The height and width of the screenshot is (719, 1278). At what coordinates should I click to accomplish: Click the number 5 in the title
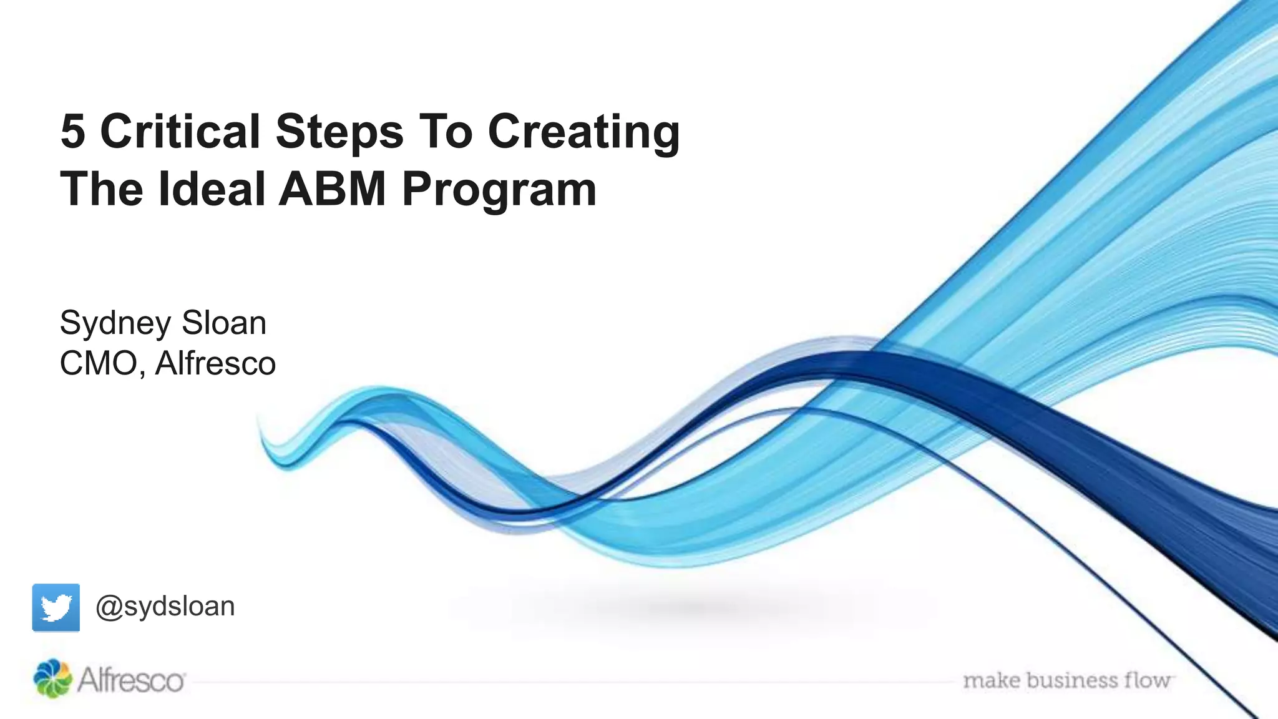(x=73, y=132)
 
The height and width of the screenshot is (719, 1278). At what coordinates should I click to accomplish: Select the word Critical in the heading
(x=180, y=132)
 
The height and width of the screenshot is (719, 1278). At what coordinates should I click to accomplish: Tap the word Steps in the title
(x=339, y=133)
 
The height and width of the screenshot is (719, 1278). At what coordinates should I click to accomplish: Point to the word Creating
(x=583, y=133)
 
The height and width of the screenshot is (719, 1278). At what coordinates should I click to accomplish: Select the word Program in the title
(x=499, y=190)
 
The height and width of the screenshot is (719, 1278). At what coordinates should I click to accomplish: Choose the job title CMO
(x=99, y=363)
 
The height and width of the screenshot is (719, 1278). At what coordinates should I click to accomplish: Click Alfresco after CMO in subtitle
(x=215, y=363)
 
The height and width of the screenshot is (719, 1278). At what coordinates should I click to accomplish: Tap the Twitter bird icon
(x=56, y=607)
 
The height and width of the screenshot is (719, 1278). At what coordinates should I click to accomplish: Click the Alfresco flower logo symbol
(x=52, y=678)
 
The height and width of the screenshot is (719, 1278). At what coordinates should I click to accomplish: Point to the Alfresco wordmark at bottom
(x=131, y=680)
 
